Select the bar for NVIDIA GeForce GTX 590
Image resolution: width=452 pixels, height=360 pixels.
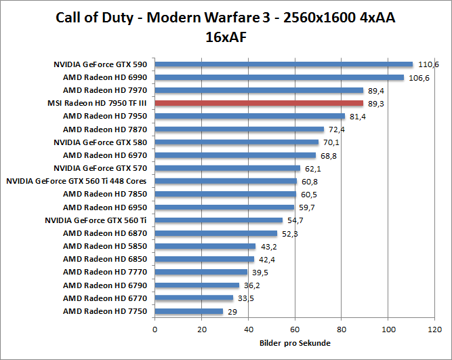[284, 64]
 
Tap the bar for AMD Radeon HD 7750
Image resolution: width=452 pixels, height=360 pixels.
[189, 311]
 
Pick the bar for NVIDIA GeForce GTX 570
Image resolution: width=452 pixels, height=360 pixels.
[228, 168]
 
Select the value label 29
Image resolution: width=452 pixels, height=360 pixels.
[232, 311]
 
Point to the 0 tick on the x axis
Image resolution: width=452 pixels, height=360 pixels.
[155, 329]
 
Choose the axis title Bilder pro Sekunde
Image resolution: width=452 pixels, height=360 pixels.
[295, 342]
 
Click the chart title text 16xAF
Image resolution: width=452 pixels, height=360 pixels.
[226, 37]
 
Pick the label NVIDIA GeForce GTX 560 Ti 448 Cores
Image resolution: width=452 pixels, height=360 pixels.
[77, 181]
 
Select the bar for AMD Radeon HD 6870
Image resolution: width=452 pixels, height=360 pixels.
[216, 233]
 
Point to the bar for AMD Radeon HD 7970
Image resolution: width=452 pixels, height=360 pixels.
[260, 90]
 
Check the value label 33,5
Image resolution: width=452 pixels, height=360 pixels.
[245, 298]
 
